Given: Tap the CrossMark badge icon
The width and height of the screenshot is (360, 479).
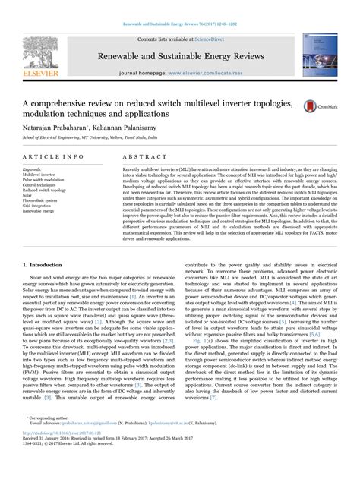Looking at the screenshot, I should click(x=314, y=108).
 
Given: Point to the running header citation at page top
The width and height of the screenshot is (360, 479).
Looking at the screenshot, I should click(x=180, y=7).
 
